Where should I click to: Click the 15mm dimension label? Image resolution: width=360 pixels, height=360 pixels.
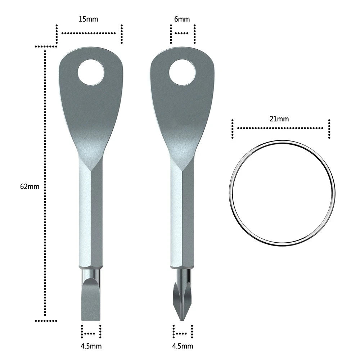(x=88, y=19)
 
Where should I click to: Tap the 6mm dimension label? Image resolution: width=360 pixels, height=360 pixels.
(x=182, y=19)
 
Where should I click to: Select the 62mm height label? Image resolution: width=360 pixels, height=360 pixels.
(x=30, y=186)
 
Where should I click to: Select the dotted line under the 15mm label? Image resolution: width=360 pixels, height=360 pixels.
(x=89, y=33)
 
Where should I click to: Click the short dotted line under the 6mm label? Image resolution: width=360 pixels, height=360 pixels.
(x=183, y=33)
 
